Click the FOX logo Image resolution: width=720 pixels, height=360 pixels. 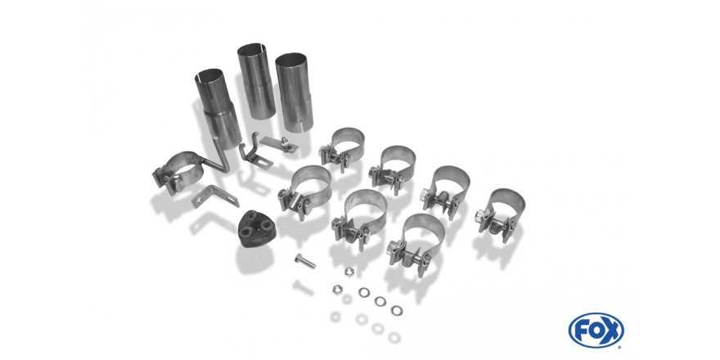[596, 331]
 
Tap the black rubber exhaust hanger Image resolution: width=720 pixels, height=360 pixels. [257, 229]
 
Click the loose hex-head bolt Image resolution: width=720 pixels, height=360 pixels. [305, 261]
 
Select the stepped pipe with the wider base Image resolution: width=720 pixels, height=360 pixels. [218, 109]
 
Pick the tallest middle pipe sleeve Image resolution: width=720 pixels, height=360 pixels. [256, 81]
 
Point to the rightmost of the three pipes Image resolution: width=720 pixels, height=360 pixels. [295, 92]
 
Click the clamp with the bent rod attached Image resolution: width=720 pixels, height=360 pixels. [178, 172]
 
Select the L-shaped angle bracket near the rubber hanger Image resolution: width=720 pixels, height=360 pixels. [214, 196]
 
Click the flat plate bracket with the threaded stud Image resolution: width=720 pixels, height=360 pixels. [280, 144]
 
